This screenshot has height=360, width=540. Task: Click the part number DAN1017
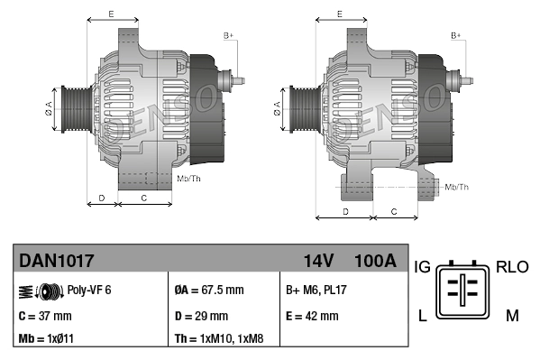(x=56, y=262)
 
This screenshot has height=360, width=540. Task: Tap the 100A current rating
(x=376, y=262)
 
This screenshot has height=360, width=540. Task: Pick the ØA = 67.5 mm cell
(x=208, y=290)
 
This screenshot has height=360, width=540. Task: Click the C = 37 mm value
(x=44, y=316)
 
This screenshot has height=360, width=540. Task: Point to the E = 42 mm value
(x=312, y=316)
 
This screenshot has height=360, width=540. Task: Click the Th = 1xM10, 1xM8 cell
(x=218, y=340)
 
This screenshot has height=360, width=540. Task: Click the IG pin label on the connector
(x=422, y=268)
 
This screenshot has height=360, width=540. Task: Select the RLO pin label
(x=512, y=268)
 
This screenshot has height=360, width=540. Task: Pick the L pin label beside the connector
(x=421, y=315)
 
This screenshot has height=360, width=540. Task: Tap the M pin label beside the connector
(x=511, y=315)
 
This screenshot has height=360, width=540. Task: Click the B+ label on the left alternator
(x=228, y=35)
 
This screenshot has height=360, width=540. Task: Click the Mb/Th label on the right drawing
(x=457, y=187)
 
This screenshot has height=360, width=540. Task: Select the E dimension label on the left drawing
(x=111, y=14)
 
